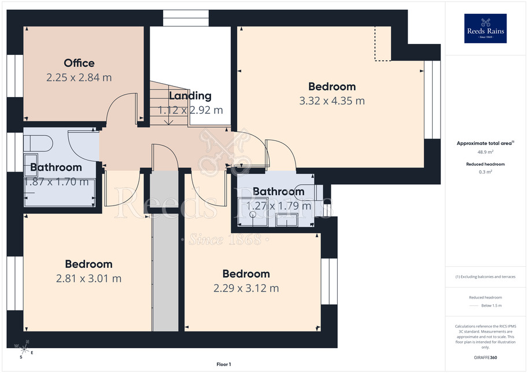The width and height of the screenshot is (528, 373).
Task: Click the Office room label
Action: click(79, 63)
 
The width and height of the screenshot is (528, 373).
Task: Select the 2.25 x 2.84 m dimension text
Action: click(79, 77)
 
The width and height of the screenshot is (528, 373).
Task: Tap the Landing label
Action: click(190, 96)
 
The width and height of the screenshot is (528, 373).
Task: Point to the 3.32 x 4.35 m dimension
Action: click(332, 100)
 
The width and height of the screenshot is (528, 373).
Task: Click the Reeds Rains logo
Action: click(485, 28)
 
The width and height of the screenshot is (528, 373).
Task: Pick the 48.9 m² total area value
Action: click(485, 152)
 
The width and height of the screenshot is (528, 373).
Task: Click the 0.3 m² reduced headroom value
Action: click(485, 172)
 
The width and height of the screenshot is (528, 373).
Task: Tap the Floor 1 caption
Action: click(224, 364)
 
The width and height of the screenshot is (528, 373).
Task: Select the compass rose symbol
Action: click(24, 349)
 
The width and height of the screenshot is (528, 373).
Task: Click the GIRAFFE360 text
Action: click(485, 357)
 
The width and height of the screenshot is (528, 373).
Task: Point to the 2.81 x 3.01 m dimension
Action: click(88, 278)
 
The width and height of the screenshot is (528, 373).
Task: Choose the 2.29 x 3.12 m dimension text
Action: click(246, 288)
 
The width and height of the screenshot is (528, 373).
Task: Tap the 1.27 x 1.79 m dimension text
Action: click(279, 206)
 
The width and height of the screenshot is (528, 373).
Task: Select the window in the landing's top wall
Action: click(186, 18)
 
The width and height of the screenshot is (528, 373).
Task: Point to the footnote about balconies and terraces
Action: click(485, 277)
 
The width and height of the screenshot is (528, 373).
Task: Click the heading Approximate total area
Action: click(484, 143)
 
